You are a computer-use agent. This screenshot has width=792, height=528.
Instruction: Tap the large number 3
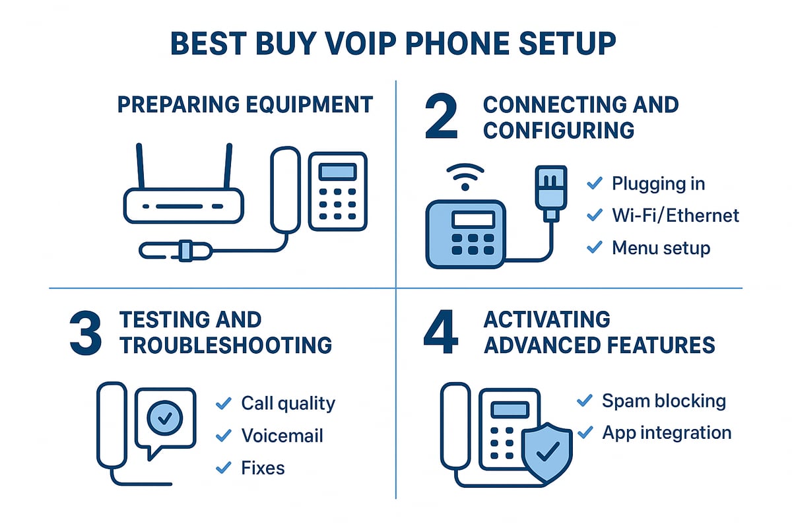[86, 334]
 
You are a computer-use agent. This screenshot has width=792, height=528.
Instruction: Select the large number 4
[440, 334]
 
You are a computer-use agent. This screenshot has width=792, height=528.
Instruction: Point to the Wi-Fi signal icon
[466, 177]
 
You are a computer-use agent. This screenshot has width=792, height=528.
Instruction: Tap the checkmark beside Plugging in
[594, 183]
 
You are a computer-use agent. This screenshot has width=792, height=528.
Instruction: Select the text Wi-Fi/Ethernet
[675, 215]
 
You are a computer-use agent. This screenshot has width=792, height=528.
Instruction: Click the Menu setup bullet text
[661, 247]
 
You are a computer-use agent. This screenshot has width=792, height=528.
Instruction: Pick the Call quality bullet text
[288, 403]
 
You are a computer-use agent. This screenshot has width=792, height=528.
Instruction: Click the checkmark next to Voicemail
[224, 436]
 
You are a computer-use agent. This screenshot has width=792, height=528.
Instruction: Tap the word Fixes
[263, 468]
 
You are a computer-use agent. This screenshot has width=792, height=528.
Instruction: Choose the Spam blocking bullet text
[663, 400]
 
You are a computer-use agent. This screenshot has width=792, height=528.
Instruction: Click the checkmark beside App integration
[584, 432]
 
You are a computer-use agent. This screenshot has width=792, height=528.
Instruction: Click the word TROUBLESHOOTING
[225, 345]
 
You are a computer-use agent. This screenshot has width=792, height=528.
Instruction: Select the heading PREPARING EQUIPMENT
[245, 104]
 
